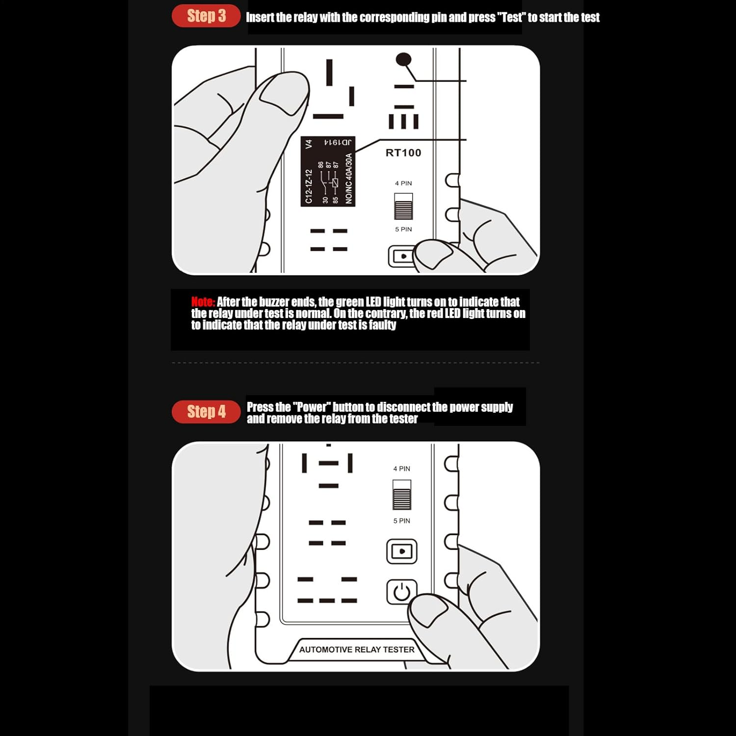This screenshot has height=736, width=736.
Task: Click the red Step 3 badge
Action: [206, 16]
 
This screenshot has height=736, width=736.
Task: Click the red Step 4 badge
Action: [206, 412]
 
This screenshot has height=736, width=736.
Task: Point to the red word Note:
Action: [203, 302]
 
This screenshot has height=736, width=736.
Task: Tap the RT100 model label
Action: [403, 153]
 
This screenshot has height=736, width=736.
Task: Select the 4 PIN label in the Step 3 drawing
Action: [403, 184]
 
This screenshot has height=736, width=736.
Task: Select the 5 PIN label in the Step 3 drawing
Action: [403, 229]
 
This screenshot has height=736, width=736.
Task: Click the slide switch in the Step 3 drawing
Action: [403, 206]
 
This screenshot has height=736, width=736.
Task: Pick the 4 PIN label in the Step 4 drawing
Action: [401, 469]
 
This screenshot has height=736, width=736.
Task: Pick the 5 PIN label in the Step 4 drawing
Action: [401, 521]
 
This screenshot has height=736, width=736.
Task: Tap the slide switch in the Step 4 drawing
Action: [402, 495]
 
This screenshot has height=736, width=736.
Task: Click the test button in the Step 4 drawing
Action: [402, 552]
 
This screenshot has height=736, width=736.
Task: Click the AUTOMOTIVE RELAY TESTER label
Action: [357, 650]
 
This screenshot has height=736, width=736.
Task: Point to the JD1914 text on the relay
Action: [338, 142]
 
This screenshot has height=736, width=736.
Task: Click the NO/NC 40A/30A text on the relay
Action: [349, 178]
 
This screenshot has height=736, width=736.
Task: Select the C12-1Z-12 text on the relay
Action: [309, 186]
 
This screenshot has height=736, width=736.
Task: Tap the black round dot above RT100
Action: [403, 60]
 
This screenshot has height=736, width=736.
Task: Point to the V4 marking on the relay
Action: [309, 144]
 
